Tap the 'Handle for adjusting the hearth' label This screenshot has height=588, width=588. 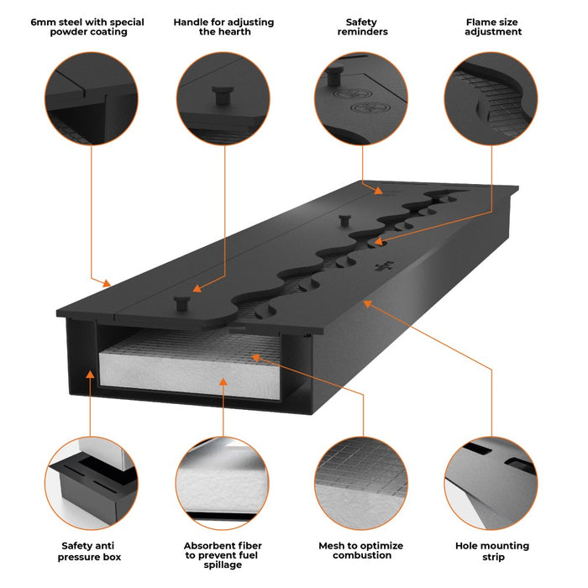pos(223,27)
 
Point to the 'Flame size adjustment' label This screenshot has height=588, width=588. pos(492,27)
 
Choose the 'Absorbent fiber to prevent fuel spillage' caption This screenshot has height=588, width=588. pos(223,554)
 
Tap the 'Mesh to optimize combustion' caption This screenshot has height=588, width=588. pos(361,550)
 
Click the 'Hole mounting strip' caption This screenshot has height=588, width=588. pos(492,551)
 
